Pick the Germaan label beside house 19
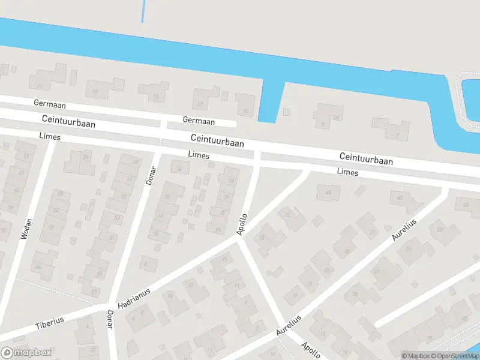click(199, 121)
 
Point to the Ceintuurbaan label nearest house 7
click(366, 159)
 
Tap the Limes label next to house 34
click(199, 155)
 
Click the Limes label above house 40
click(347, 172)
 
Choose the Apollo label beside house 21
click(242, 224)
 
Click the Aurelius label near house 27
click(403, 229)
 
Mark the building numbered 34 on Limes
click(179, 169)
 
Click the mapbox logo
click(26, 352)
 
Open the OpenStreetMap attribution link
click(455, 356)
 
